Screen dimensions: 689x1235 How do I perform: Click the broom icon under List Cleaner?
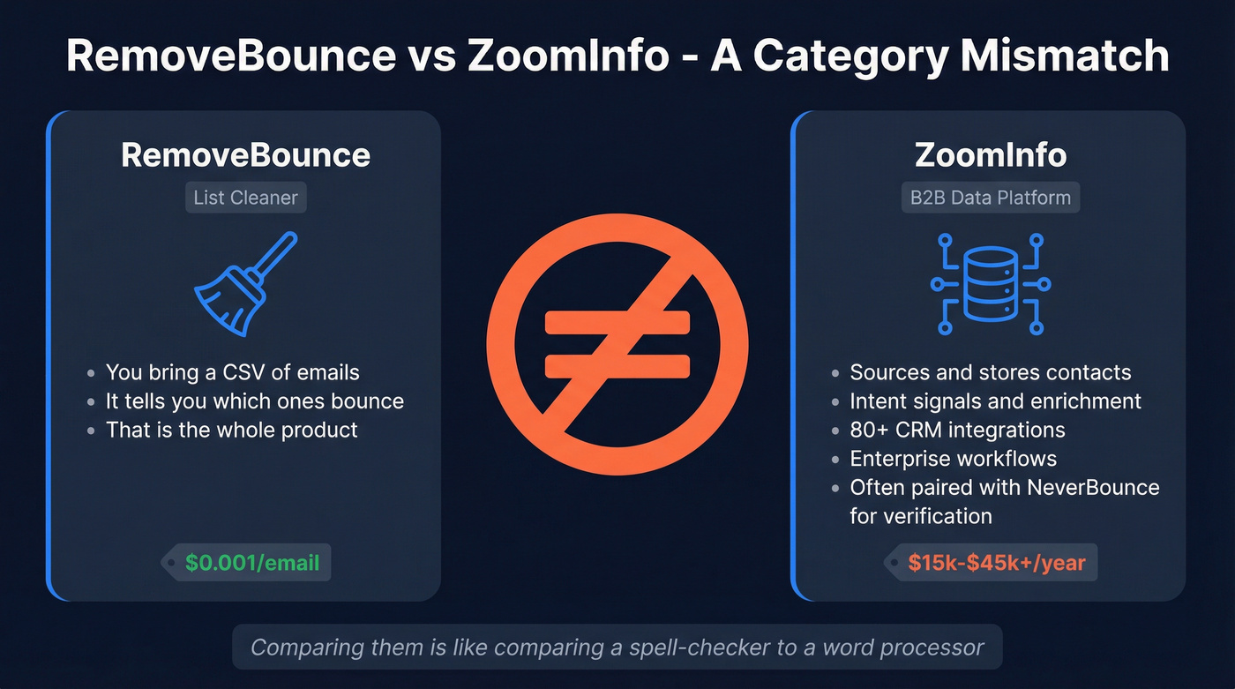[245, 284]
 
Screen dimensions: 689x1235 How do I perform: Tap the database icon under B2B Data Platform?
[990, 283]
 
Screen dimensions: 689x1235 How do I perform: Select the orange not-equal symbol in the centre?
[617, 342]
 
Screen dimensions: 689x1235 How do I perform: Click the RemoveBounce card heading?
[245, 155]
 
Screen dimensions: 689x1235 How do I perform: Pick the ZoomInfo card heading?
[990, 155]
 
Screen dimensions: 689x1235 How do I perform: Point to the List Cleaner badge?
[245, 198]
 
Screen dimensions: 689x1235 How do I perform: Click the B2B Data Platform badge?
[990, 198]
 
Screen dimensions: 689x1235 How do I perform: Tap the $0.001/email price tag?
[251, 562]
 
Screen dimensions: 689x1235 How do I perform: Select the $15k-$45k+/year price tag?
[996, 562]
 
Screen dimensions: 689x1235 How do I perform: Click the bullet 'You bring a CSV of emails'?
[232, 372]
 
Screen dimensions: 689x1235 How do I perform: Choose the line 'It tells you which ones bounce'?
[254, 401]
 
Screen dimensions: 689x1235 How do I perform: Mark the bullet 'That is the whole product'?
[231, 431]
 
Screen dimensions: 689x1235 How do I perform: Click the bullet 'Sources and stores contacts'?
[990, 372]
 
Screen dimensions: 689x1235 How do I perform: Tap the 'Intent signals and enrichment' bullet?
[995, 401]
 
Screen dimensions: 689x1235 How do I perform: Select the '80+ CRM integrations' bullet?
[957, 431]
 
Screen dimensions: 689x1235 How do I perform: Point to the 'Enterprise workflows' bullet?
[953, 459]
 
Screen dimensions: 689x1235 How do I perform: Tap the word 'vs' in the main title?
[431, 56]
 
